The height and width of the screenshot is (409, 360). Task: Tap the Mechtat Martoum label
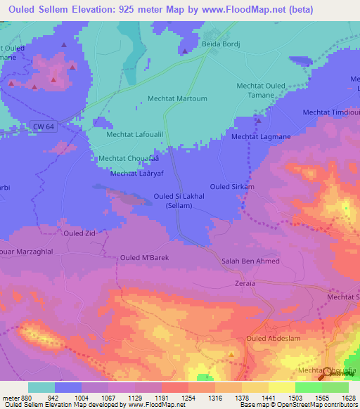[177, 99]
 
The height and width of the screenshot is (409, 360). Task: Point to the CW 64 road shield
[43, 126]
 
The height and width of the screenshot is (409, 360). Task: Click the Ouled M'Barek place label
[145, 257]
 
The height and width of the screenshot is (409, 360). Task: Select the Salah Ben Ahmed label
[251, 261]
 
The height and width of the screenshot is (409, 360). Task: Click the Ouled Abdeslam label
[271, 338]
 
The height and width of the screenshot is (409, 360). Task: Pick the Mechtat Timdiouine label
[331, 112]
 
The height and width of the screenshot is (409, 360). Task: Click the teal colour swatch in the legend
[41, 387]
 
